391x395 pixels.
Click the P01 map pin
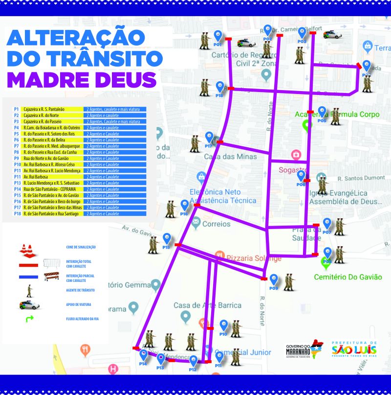coord(218,36)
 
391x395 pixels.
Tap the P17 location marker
coord(209,138)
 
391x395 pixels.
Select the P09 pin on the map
coord(275,280)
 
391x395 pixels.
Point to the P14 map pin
coord(144,355)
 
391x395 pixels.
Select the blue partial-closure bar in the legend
coord(28,277)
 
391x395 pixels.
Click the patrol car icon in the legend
coord(29,305)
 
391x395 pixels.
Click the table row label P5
coord(17,133)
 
